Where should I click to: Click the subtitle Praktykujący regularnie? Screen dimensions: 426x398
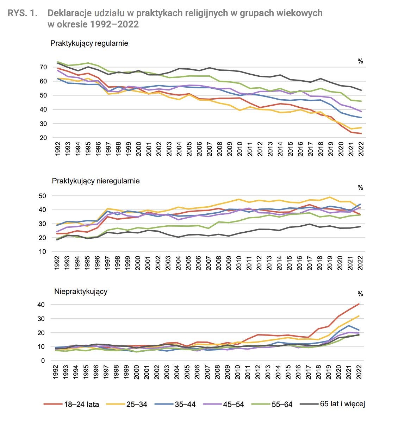point(89,43)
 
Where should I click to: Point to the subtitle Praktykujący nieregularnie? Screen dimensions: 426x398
point(96,181)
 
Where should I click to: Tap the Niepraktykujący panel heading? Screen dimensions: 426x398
point(81,292)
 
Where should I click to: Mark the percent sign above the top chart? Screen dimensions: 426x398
point(360,62)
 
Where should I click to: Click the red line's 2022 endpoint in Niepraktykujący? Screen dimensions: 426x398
point(359,304)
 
